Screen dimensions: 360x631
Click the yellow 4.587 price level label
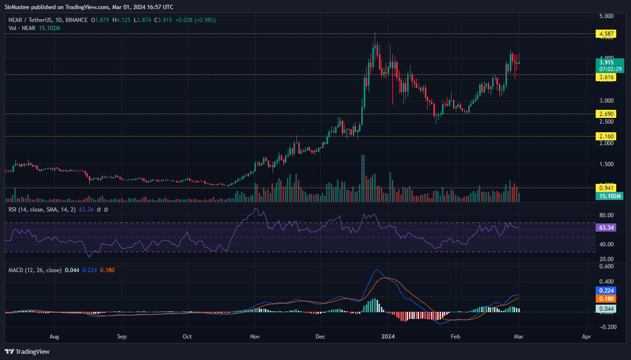point(606,34)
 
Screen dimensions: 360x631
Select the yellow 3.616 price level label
point(606,77)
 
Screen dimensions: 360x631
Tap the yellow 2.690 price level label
point(606,114)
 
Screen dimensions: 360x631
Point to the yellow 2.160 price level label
point(606,136)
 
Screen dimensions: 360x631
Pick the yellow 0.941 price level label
point(606,188)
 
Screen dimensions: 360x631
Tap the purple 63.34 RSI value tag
point(606,228)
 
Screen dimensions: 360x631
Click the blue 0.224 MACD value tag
point(606,290)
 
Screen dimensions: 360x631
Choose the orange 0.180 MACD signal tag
point(606,298)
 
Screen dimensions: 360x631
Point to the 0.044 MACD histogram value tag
point(606,309)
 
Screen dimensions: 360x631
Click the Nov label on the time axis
point(255,336)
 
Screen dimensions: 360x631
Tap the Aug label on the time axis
point(55,336)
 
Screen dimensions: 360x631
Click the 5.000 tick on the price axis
point(606,16)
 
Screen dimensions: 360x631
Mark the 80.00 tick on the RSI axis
point(606,215)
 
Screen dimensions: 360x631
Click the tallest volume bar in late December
point(363,178)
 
